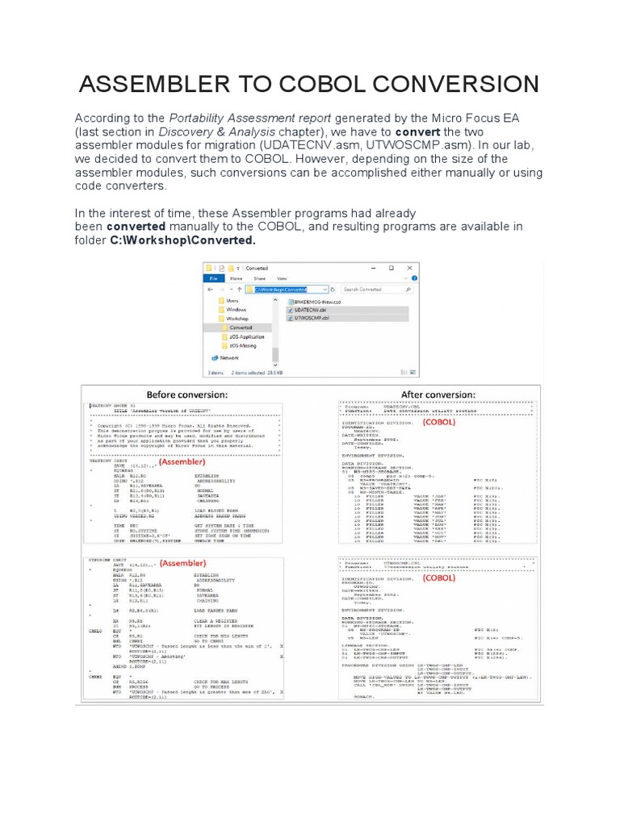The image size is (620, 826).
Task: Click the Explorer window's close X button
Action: (408, 268)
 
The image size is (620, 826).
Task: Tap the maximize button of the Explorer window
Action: (391, 268)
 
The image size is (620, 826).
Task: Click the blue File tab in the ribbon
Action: (214, 277)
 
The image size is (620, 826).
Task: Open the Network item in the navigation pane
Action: (231, 357)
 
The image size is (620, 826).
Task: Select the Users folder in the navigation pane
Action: (233, 300)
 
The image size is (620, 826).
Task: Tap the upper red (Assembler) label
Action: (182, 462)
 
